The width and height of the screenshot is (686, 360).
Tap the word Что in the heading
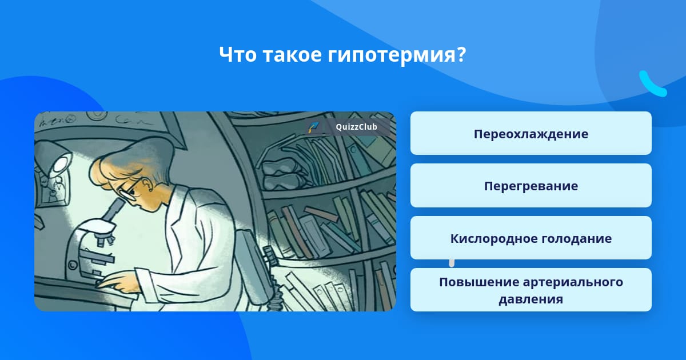238,54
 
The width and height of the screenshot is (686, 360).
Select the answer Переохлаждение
531,133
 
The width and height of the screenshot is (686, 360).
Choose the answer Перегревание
531,186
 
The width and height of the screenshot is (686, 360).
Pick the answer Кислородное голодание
531,238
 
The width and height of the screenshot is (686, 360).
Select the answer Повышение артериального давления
531,290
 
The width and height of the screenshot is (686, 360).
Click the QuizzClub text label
357,127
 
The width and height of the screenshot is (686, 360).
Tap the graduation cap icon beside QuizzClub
313,127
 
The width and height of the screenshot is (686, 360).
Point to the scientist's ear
147,186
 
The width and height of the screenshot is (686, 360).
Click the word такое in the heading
293,54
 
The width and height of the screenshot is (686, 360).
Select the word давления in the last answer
531,299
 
